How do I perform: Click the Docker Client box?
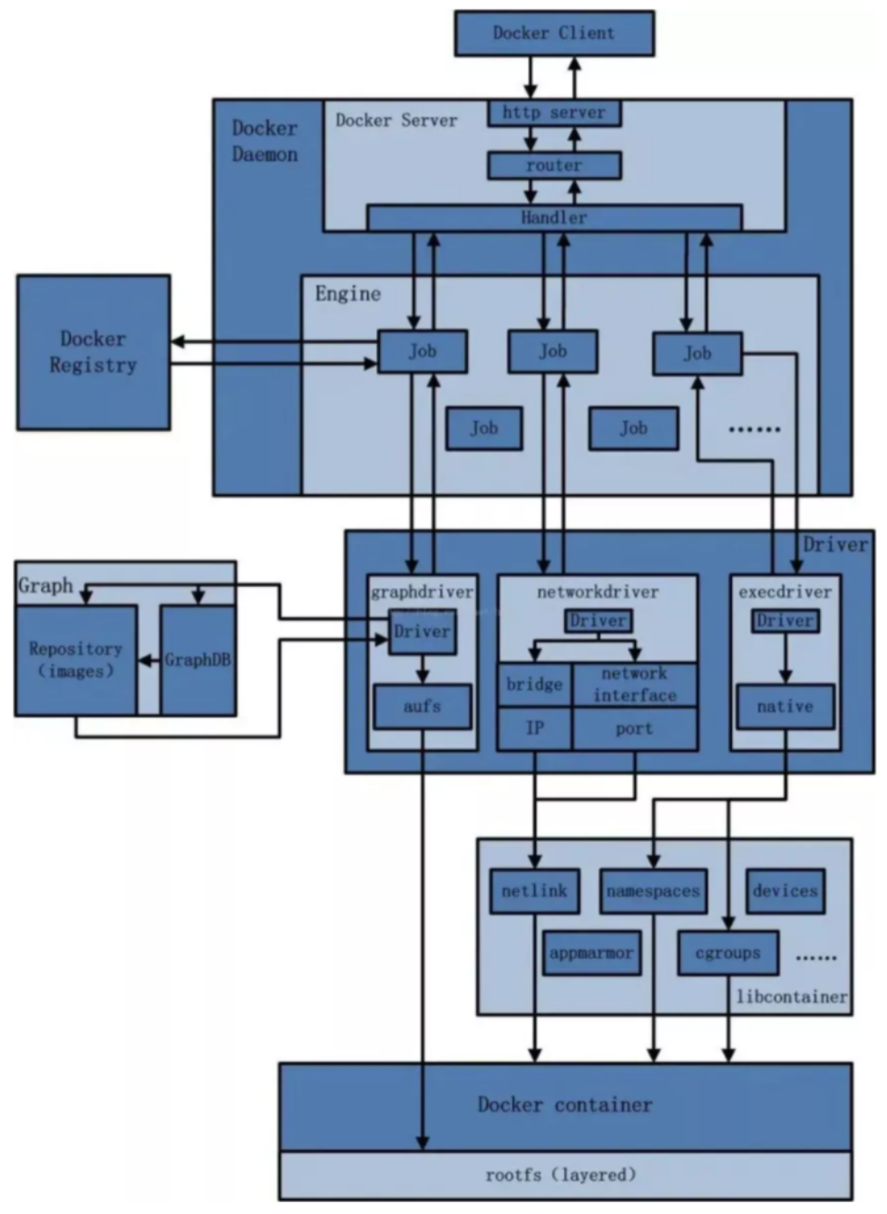(x=554, y=33)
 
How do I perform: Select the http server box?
(x=554, y=113)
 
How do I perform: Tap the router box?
(x=554, y=165)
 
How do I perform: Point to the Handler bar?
(x=554, y=218)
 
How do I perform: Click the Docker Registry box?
(x=93, y=352)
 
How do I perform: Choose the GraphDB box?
(x=198, y=661)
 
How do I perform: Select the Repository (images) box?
(x=76, y=661)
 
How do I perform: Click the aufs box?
(x=423, y=707)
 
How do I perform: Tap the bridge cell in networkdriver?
(x=534, y=684)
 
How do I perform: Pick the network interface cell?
(x=635, y=684)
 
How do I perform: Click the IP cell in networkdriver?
(x=534, y=729)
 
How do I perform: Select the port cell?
(x=635, y=729)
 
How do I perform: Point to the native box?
(x=785, y=707)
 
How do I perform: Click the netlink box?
(x=534, y=892)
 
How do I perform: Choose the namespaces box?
(x=654, y=892)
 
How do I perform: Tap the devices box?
(x=785, y=892)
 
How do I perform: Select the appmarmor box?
(x=591, y=954)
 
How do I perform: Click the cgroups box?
(x=728, y=954)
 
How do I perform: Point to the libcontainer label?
(x=792, y=996)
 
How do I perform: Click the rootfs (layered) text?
(x=560, y=1175)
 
